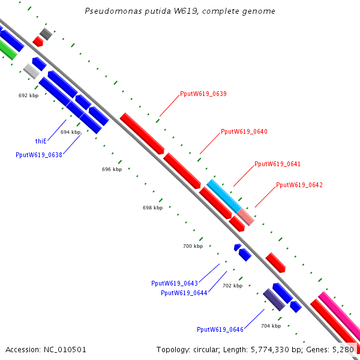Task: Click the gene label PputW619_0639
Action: [203, 94]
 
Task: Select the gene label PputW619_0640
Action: [244, 131]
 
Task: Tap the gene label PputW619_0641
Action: [277, 164]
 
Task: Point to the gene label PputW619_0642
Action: [299, 185]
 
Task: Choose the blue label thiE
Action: [41, 141]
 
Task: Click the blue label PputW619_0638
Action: [38, 154]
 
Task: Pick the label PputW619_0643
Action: [175, 283]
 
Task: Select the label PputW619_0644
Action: [184, 293]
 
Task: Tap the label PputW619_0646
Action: [220, 329]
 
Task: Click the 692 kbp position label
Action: [28, 95]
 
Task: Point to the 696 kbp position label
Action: [112, 169]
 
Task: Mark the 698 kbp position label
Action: [152, 208]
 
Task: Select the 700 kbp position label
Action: [193, 246]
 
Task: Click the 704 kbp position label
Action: [271, 326]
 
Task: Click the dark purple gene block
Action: [274, 299]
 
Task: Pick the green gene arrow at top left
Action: [7, 49]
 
